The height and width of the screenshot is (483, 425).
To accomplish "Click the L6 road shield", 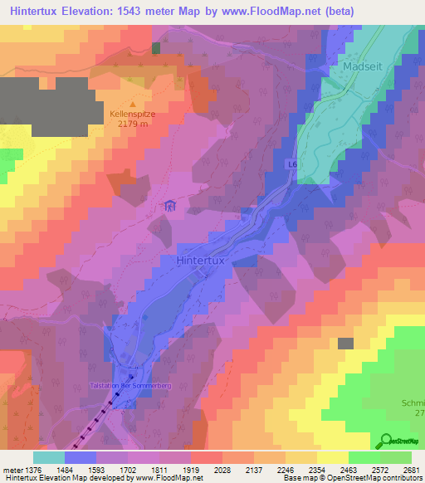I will point(293,165).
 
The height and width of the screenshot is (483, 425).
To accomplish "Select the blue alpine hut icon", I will point(170,206).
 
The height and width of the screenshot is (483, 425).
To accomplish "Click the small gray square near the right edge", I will point(345,343).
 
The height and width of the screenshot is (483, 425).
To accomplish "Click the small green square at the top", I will point(156,47).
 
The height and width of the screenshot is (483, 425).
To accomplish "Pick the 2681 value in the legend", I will point(411,469).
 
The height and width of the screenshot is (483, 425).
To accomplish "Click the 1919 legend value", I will point(191,469).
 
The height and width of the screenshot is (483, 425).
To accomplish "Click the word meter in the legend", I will point(11,469).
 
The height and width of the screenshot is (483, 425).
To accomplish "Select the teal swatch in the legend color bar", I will point(49,457).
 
